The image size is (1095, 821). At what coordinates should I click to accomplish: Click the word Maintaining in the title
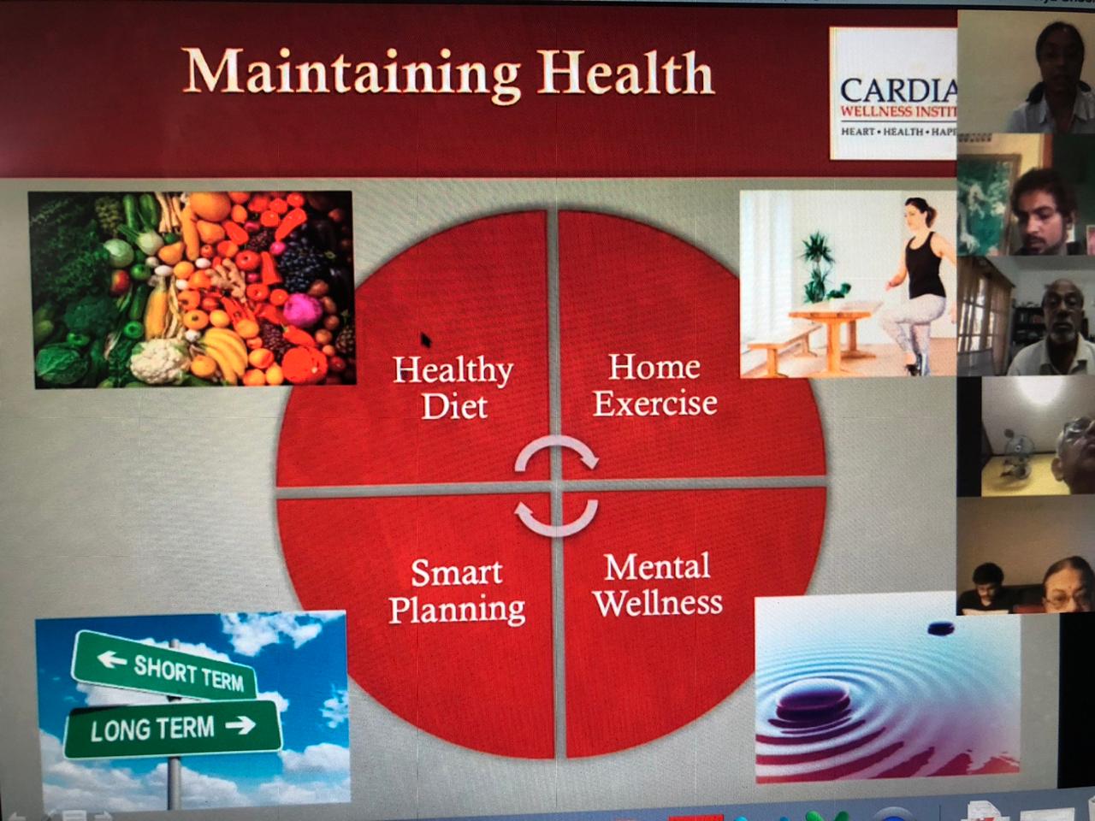coord(351,73)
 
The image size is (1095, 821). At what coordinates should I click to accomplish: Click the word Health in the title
coord(626,73)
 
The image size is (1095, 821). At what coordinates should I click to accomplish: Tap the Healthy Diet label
coord(453,387)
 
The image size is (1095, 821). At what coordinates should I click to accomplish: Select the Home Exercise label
coord(655,385)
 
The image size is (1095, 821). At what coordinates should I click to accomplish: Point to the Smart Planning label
coord(457,590)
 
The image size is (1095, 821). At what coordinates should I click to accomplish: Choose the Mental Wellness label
coord(657,584)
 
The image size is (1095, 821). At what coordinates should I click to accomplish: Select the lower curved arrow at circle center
coord(556,518)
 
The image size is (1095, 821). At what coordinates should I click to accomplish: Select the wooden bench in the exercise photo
coord(775,347)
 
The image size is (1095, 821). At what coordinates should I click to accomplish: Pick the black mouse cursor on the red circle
coord(425,341)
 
